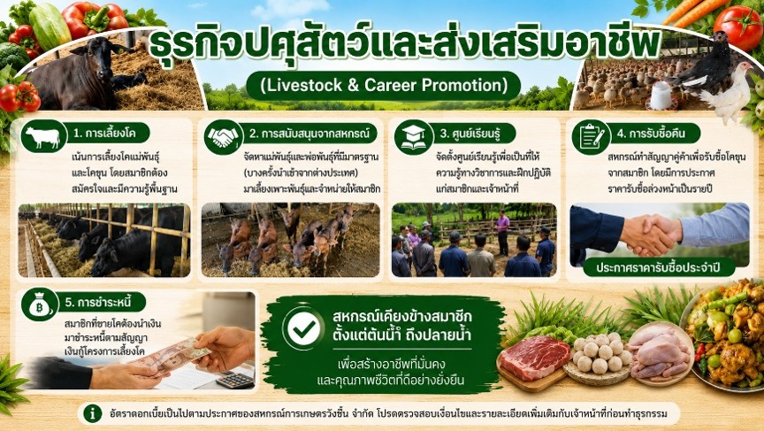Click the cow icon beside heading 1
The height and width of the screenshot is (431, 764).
click(43, 137)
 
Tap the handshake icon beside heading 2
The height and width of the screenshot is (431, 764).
click(223, 137)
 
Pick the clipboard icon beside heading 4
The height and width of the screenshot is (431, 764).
click(591, 137)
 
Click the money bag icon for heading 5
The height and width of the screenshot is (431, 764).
click(40, 304)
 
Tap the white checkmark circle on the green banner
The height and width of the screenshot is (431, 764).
click(304, 329)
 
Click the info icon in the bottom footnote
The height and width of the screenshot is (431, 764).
click(92, 414)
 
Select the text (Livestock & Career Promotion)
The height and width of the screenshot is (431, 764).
click(384, 85)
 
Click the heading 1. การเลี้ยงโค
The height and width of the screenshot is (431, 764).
click(104, 133)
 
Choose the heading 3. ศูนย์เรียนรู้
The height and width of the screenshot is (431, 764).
click(470, 133)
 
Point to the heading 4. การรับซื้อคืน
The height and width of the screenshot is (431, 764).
click(652, 133)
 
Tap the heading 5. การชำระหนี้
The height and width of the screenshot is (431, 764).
click(98, 303)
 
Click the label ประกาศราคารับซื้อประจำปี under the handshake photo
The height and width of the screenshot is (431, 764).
click(658, 267)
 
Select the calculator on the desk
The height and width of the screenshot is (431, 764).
click(235, 380)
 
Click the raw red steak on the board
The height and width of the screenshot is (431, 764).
click(534, 358)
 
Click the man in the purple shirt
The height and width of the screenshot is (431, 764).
click(503, 233)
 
